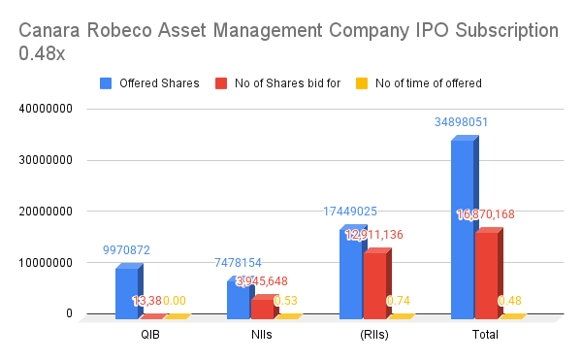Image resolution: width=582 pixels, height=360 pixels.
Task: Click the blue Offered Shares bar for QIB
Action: [x=126, y=292]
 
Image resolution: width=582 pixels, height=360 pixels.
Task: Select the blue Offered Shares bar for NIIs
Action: [x=238, y=298]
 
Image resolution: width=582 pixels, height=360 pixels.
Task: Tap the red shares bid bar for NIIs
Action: [x=263, y=308]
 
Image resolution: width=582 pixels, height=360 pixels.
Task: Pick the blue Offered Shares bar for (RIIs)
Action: [x=350, y=274]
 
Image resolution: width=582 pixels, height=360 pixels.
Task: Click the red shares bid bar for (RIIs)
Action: [x=374, y=285]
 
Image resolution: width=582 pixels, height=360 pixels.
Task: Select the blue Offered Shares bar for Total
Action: [x=462, y=229]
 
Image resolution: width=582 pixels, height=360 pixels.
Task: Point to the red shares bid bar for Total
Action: [x=486, y=275]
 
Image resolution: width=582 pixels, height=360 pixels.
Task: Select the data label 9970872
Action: [x=126, y=249]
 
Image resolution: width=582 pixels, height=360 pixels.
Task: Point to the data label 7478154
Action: [x=238, y=262]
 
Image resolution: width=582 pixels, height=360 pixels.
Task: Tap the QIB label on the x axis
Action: [x=151, y=335]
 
